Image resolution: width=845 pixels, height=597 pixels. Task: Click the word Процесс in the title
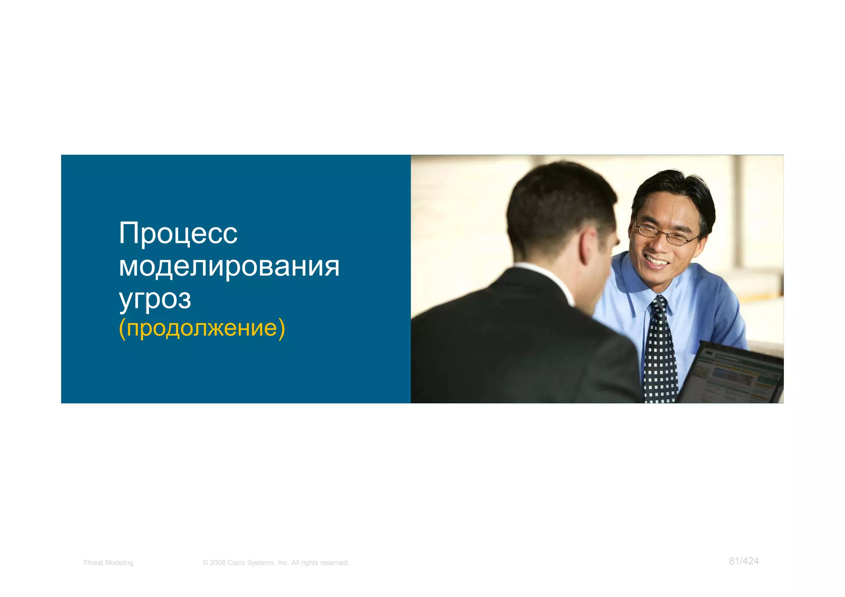[178, 234]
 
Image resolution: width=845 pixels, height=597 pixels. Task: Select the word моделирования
[229, 266]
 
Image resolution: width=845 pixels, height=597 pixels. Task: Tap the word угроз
[155, 299]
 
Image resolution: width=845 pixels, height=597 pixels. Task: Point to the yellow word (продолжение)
[202, 328]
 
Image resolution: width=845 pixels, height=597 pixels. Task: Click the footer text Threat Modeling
[108, 563]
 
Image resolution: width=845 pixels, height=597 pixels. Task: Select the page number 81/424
[744, 561]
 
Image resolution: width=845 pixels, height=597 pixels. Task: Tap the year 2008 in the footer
[217, 563]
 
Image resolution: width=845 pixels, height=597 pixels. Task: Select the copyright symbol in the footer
[205, 563]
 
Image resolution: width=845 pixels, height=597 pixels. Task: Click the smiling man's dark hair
[677, 186]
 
